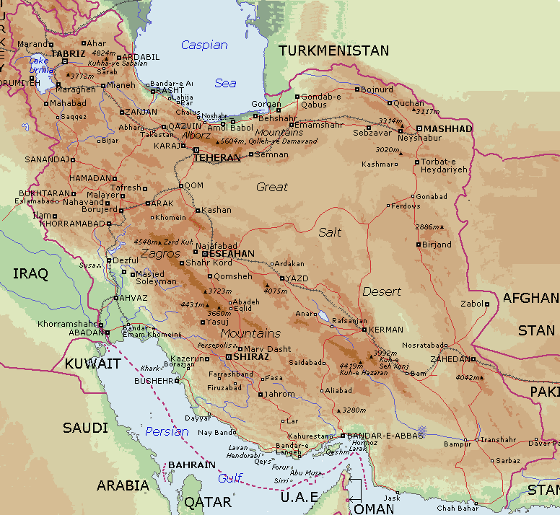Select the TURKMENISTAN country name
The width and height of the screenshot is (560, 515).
[x=333, y=51]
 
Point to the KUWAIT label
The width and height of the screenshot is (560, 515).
[x=92, y=364]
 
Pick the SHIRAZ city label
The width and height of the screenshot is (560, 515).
[x=251, y=356]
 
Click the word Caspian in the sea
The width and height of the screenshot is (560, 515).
[x=204, y=45]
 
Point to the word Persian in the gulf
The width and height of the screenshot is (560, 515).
[x=167, y=432]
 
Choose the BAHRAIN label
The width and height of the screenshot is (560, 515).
[x=191, y=465]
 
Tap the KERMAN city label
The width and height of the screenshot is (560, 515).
[x=386, y=330]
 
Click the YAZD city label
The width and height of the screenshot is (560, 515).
[x=299, y=278]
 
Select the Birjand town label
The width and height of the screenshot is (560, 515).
[x=437, y=245]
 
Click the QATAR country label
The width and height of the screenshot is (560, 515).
[x=207, y=502]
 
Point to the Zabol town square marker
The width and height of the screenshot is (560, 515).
[x=487, y=304]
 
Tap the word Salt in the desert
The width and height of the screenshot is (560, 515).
[x=331, y=232]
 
